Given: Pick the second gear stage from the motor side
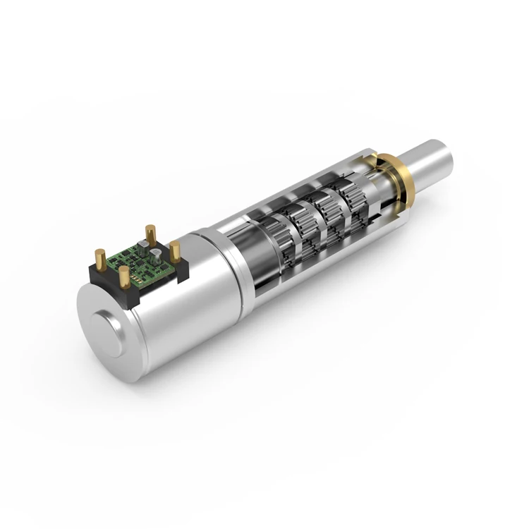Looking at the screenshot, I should pyautogui.click(x=304, y=224).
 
